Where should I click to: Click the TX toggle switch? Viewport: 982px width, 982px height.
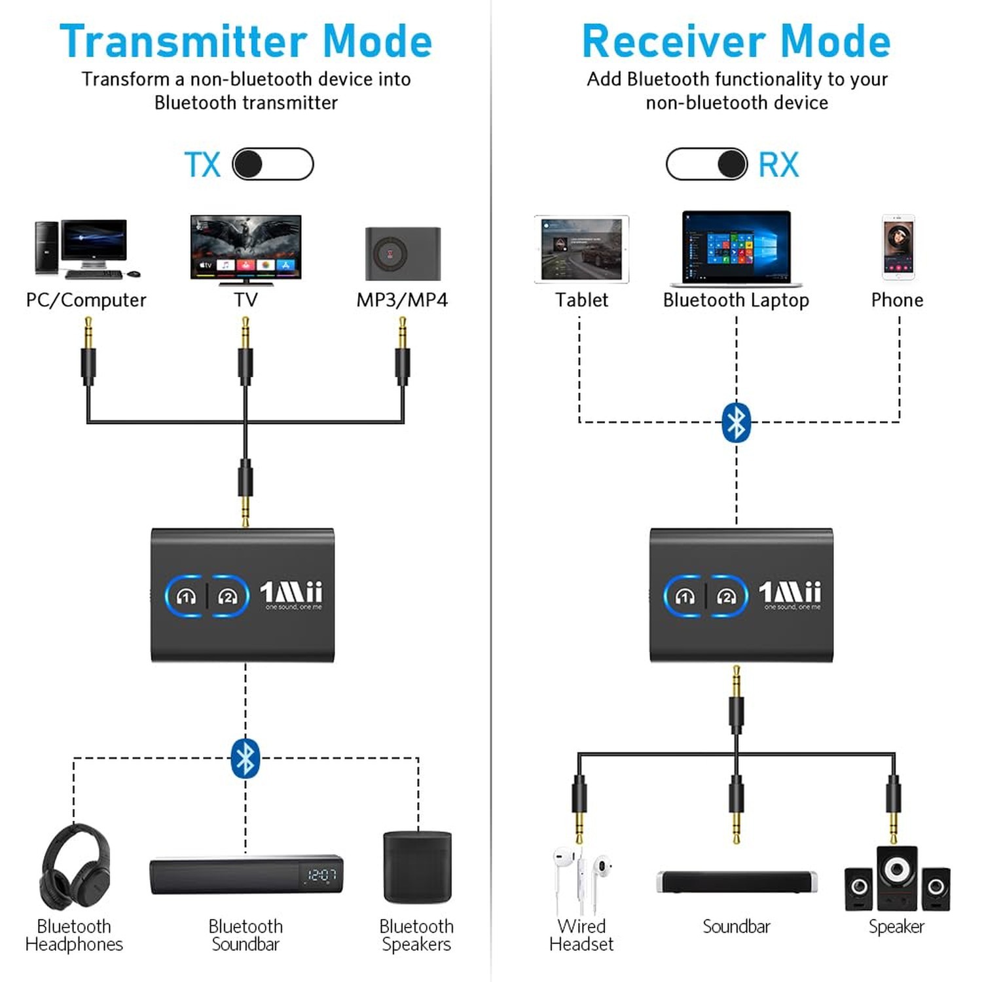[272, 164]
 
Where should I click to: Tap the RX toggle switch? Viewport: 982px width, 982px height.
[706, 164]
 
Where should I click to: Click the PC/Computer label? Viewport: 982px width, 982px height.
[86, 300]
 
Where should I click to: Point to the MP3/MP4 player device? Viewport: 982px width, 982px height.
[403, 253]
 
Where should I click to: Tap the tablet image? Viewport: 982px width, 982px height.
[581, 249]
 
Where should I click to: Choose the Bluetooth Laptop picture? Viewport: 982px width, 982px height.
[736, 248]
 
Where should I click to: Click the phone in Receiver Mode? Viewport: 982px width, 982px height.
[898, 247]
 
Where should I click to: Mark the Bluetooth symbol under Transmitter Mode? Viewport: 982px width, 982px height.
[245, 758]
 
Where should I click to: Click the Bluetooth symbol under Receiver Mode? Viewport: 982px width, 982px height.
[736, 422]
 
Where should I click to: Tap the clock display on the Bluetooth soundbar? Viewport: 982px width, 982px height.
[321, 875]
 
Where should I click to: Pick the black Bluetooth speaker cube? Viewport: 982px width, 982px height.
[417, 867]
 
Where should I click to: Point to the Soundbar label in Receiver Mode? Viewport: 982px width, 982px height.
[736, 926]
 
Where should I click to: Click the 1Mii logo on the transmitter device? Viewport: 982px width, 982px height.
[291, 592]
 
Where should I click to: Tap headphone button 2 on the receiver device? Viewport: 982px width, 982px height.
[726, 596]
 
